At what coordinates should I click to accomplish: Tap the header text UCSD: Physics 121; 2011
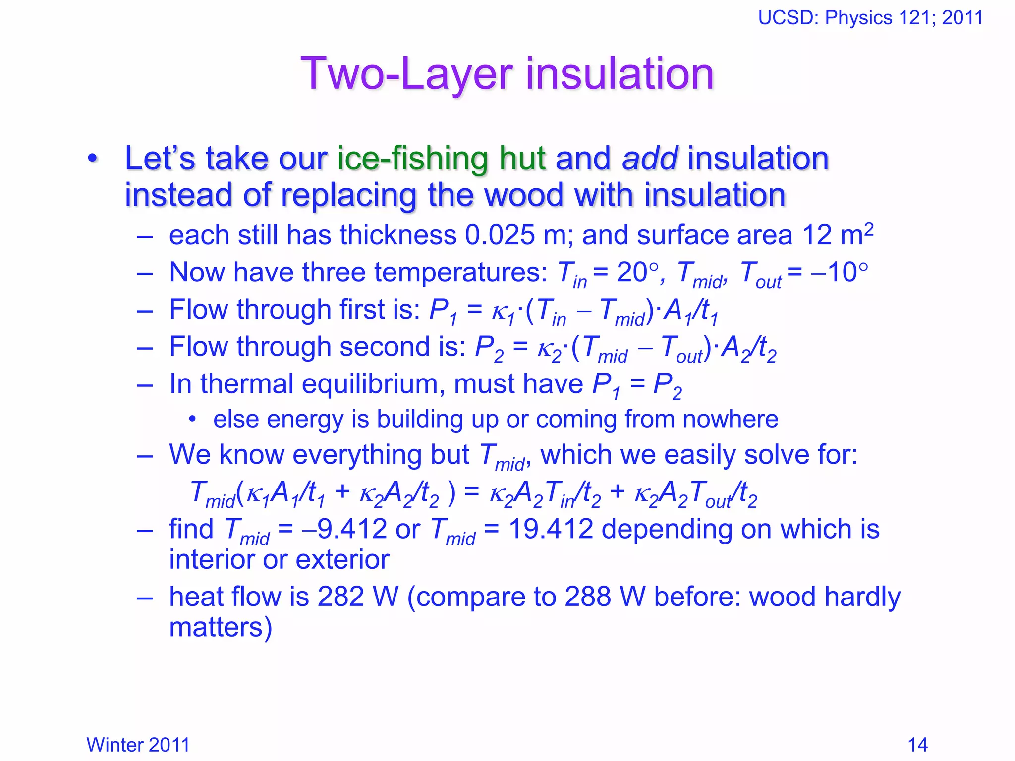(x=870, y=18)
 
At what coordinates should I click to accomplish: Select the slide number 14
(x=917, y=745)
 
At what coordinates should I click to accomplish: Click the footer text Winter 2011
(x=138, y=745)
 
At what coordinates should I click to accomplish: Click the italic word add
(x=650, y=159)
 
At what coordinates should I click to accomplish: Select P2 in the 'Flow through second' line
(x=489, y=349)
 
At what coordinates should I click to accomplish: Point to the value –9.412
(x=345, y=529)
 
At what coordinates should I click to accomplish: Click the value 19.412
(x=551, y=529)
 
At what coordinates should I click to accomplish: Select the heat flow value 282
(x=340, y=597)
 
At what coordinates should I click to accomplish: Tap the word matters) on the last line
(x=221, y=627)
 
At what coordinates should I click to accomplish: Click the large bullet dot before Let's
(x=92, y=159)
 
